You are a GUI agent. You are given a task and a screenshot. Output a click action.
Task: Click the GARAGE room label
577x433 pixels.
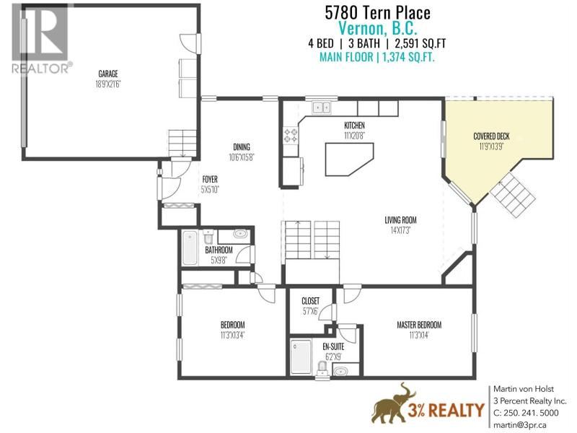[107, 74]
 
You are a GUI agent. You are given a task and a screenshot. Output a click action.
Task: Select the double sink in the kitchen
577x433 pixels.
[322, 108]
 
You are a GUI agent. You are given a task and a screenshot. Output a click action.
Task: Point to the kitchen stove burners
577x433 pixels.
[291, 135]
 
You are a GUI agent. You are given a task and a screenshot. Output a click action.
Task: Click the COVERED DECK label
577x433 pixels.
[491, 136]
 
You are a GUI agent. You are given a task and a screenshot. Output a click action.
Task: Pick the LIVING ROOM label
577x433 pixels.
[400, 220]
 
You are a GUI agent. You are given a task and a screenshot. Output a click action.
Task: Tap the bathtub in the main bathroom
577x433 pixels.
[190, 248]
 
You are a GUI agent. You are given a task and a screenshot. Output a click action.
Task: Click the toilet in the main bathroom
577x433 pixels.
[208, 237]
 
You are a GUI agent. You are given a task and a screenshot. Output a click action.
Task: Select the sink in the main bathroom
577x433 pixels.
[241, 234]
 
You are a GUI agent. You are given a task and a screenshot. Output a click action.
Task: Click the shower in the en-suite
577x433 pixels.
[301, 357]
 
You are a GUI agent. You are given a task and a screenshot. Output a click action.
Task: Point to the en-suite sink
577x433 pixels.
[340, 370]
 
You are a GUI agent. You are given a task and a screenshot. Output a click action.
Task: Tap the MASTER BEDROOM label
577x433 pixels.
[419, 325]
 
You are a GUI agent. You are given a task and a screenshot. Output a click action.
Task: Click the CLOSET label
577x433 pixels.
[311, 301]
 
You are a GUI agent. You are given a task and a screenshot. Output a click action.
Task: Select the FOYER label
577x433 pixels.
[210, 180]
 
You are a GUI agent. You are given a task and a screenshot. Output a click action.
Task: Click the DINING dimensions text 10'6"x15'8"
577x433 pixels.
[242, 157]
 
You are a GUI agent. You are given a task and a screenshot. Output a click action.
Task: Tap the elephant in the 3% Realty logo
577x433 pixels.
[393, 404]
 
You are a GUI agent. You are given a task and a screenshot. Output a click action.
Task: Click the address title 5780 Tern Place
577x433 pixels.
[377, 13]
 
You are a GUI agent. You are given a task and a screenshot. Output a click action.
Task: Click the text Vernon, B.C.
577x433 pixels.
[377, 28]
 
